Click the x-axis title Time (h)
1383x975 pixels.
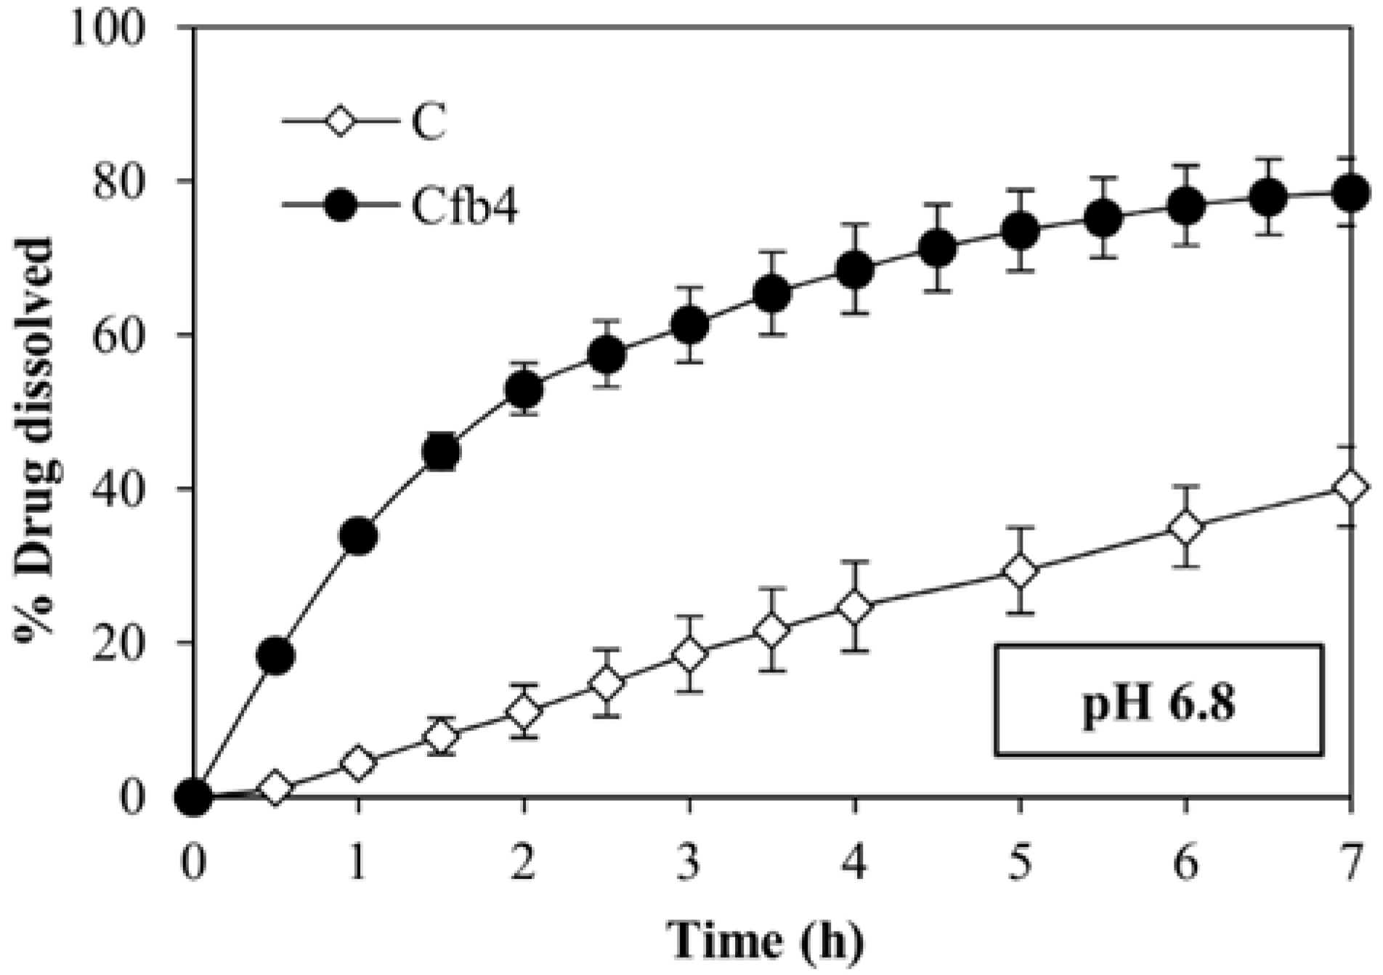coord(767,941)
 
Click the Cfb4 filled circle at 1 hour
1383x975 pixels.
coord(358,536)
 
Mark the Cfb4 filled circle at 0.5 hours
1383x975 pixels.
coord(275,655)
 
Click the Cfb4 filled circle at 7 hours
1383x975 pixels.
coord(1350,193)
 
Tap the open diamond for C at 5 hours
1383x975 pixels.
coord(1020,571)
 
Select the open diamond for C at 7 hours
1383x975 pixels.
coord(1350,487)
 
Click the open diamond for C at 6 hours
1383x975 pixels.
coord(1185,527)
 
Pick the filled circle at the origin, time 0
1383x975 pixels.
coord(193,796)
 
